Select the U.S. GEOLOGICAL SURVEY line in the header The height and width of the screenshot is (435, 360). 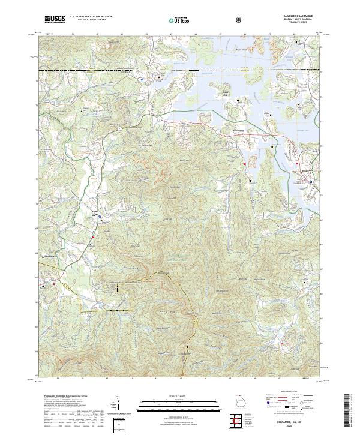pyautogui.click(x=90, y=20)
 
